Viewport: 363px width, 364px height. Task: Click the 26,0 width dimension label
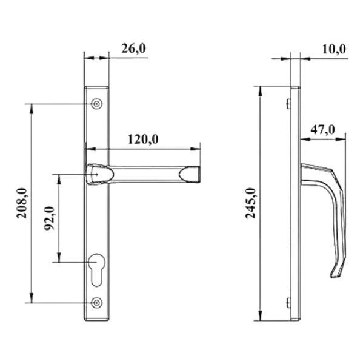134,49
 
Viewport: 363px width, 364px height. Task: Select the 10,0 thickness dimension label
334,49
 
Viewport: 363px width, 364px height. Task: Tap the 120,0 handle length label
143,140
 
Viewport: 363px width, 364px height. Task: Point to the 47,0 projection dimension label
323,130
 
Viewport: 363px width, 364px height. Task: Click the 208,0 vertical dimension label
22,203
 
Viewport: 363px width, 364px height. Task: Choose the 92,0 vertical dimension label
49,218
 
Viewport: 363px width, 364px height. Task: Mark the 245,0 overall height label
250,203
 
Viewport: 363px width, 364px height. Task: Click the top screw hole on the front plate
96,104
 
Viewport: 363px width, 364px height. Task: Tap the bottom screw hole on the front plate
96,303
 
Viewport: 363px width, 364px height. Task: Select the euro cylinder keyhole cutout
96,270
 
